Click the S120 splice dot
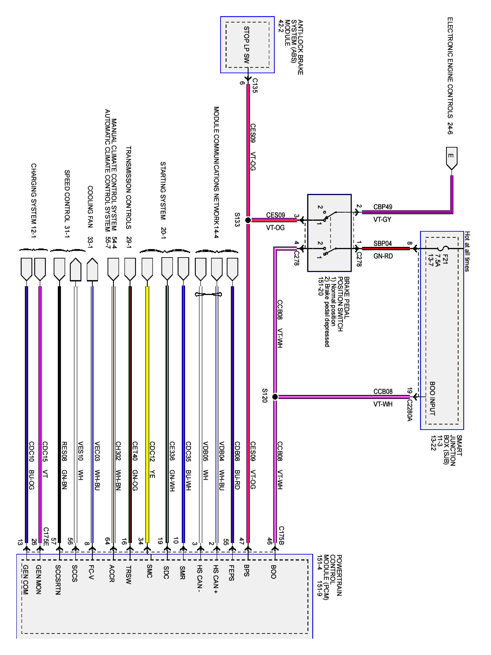pyautogui.click(x=275, y=396)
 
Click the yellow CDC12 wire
pyautogui.click(x=147, y=415)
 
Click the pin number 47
pyautogui.click(x=242, y=541)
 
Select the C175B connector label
pyautogui.click(x=282, y=535)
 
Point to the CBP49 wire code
pyautogui.click(x=383, y=207)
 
